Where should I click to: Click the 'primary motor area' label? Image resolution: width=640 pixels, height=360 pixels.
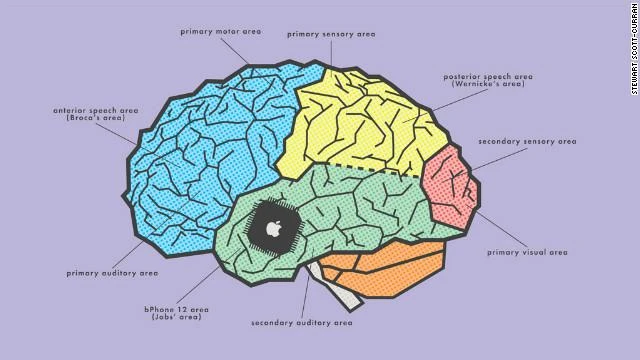(221, 31)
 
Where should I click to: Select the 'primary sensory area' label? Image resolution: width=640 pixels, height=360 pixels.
(331, 34)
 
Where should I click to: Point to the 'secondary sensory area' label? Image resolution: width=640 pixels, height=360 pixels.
(527, 142)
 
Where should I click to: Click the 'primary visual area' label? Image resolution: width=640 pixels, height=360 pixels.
(527, 252)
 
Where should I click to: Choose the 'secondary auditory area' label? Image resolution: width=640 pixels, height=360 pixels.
(302, 323)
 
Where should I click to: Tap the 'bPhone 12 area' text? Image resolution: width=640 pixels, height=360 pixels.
(176, 309)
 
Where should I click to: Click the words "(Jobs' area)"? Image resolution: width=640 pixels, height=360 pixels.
(176, 317)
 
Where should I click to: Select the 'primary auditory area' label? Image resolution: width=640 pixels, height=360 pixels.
(112, 273)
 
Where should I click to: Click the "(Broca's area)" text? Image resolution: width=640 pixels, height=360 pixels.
(96, 118)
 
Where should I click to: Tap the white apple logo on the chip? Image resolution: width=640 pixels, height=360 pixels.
(273, 229)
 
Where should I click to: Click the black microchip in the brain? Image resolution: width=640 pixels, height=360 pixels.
(273, 228)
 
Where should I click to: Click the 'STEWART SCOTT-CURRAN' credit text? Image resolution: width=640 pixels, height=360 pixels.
(635, 48)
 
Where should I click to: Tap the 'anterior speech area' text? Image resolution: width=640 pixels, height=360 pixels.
(96, 110)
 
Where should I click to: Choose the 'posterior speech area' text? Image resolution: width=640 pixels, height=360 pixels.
(488, 76)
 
